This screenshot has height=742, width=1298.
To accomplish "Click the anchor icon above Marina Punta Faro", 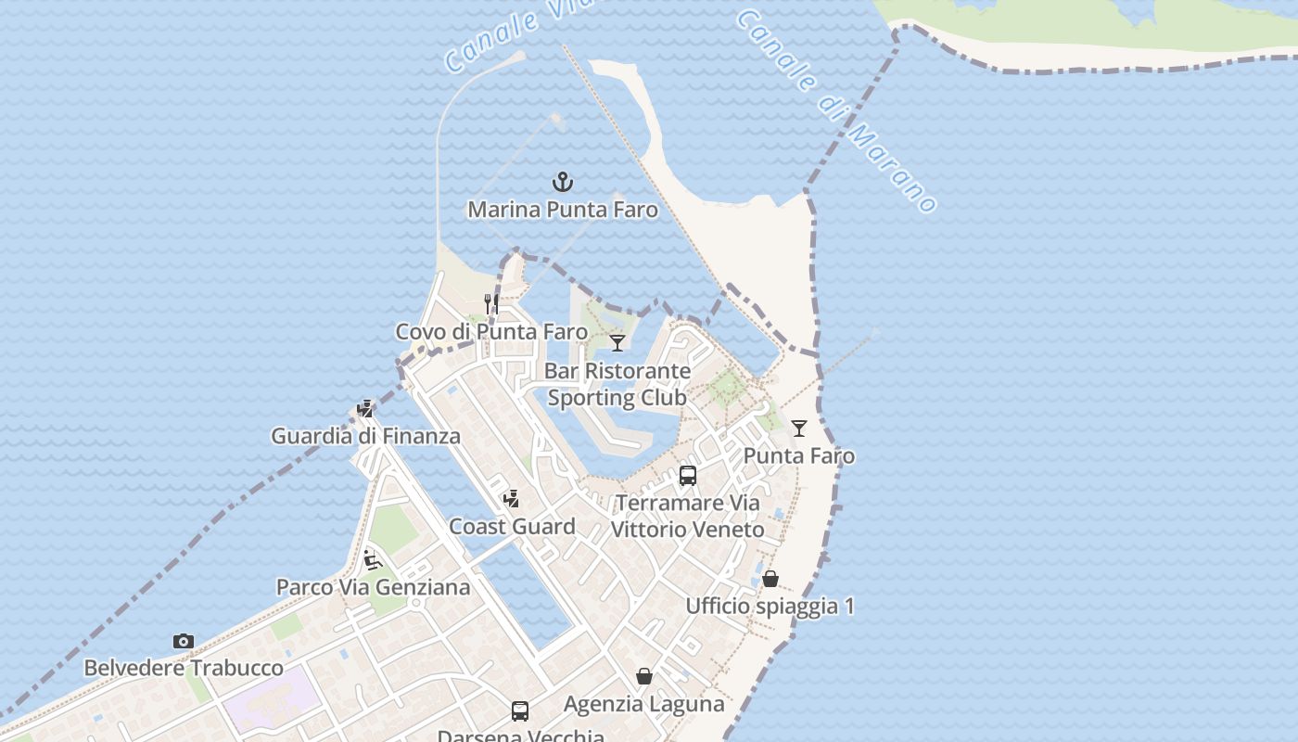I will pyautogui.click(x=563, y=182).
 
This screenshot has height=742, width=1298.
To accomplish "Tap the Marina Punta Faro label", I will pyautogui.click(x=563, y=210).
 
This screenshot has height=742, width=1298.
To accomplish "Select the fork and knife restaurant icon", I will pyautogui.click(x=491, y=304).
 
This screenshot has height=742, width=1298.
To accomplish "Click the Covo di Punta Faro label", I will pyautogui.click(x=491, y=332).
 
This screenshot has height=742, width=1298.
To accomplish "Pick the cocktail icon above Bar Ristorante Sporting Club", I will pyautogui.click(x=617, y=343).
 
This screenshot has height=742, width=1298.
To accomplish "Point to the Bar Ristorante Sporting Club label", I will pyautogui.click(x=617, y=384).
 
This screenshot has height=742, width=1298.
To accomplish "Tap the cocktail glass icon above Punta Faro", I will pyautogui.click(x=799, y=429).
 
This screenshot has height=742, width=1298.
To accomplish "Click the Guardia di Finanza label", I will pyautogui.click(x=365, y=436).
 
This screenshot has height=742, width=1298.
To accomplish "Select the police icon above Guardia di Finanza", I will pyautogui.click(x=365, y=408).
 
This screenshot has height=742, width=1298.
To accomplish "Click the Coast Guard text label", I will pyautogui.click(x=512, y=527).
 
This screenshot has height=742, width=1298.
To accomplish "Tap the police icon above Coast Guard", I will pyautogui.click(x=511, y=499).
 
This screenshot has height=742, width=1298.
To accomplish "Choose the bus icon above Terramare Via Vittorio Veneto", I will pyautogui.click(x=688, y=476).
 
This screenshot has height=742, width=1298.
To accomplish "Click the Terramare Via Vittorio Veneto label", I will pyautogui.click(x=688, y=517).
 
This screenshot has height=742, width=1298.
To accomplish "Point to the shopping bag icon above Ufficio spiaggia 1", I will pyautogui.click(x=770, y=579).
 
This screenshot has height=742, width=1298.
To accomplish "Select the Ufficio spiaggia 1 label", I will pyautogui.click(x=770, y=607).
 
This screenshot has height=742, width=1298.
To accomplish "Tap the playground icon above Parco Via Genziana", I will pyautogui.click(x=373, y=559).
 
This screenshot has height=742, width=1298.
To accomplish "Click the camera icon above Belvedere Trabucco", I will pyautogui.click(x=184, y=641).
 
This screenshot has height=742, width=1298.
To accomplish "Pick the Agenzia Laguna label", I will pyautogui.click(x=644, y=704).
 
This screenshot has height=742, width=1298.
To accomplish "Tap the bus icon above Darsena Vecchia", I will pyautogui.click(x=520, y=711).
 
